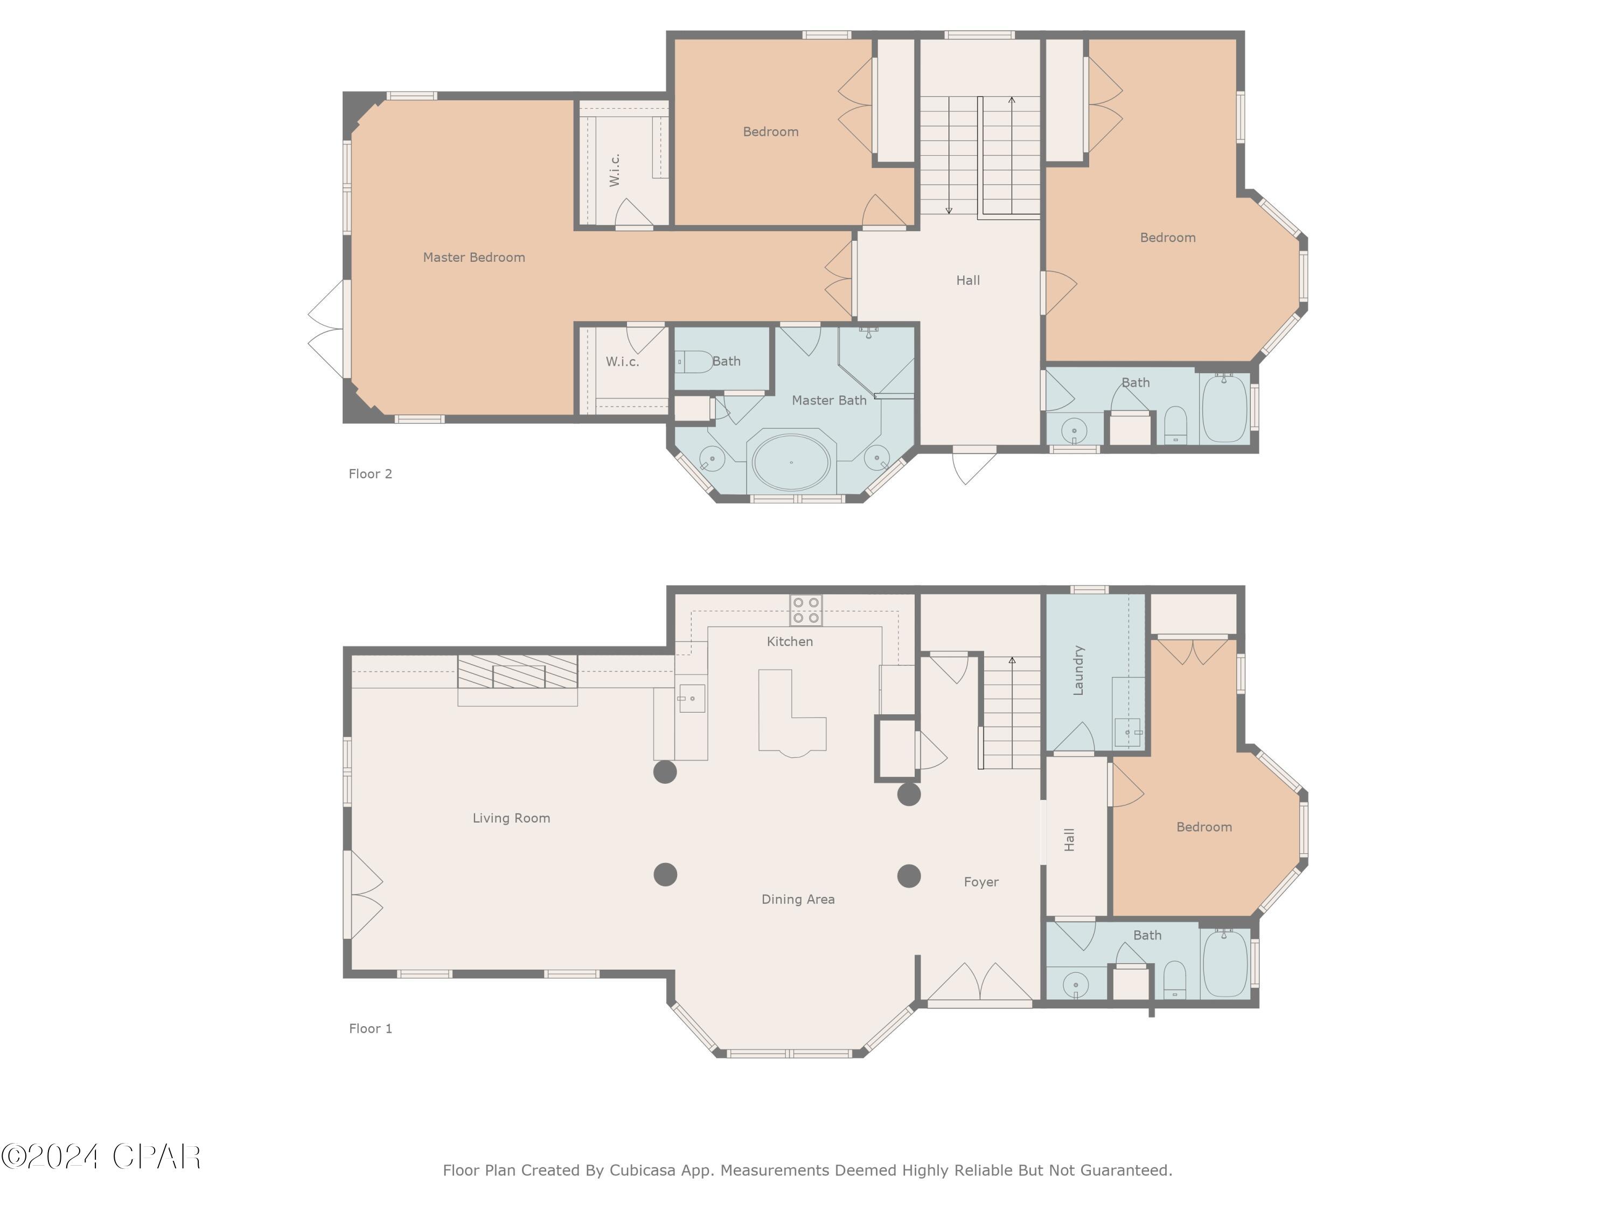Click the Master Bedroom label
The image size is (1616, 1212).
pos(474,257)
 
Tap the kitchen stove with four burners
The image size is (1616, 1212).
pos(806,610)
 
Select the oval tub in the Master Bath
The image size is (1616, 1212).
pos(791,462)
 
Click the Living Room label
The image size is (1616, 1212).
pos(511,818)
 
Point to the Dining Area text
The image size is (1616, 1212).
pos(798,900)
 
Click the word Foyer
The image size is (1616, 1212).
pos(981,882)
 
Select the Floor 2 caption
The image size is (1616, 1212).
pos(371,474)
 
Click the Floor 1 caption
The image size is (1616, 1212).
pos(371,1029)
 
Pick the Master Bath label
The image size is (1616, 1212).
pos(829,400)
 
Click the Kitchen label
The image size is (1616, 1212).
pos(790,642)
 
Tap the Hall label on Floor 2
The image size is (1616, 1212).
pos(968,281)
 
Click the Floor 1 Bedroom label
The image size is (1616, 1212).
pos(1204,827)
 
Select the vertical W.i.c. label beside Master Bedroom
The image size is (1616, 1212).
pos(615,170)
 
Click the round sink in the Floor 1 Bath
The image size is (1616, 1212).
pos(1075,986)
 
